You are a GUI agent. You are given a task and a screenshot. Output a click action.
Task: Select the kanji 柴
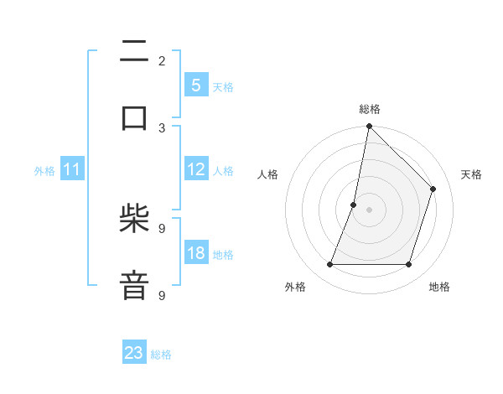tap(134, 220)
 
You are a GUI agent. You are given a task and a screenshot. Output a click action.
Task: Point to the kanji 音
tap(134, 285)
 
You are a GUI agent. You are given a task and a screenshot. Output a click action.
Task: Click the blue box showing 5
tap(195, 86)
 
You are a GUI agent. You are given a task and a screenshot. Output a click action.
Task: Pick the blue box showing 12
tap(195, 169)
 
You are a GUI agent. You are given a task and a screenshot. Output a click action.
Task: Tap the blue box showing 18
tap(195, 253)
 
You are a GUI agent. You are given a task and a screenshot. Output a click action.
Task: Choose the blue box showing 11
tap(72, 170)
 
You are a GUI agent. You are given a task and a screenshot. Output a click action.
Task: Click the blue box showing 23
tap(134, 353)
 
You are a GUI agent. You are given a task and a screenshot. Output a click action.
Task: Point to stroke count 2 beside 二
tap(162, 60)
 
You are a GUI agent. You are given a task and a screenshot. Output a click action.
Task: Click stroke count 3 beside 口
tap(162, 127)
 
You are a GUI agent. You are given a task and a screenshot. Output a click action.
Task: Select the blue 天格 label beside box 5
tap(223, 86)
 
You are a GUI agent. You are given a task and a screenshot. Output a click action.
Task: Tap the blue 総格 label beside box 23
tap(161, 355)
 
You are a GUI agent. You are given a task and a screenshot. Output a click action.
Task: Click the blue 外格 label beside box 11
tap(44, 171)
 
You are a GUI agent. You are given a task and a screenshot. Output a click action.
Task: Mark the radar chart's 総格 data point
tap(369, 127)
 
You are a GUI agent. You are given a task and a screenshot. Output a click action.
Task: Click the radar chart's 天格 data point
tap(433, 189)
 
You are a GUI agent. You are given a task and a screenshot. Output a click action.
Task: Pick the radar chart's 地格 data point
tap(409, 265)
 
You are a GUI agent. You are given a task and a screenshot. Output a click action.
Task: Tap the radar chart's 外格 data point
tap(329, 265)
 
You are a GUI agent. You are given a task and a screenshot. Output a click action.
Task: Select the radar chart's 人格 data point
tap(354, 205)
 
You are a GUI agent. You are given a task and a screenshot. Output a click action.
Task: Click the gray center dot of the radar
tap(369, 210)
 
